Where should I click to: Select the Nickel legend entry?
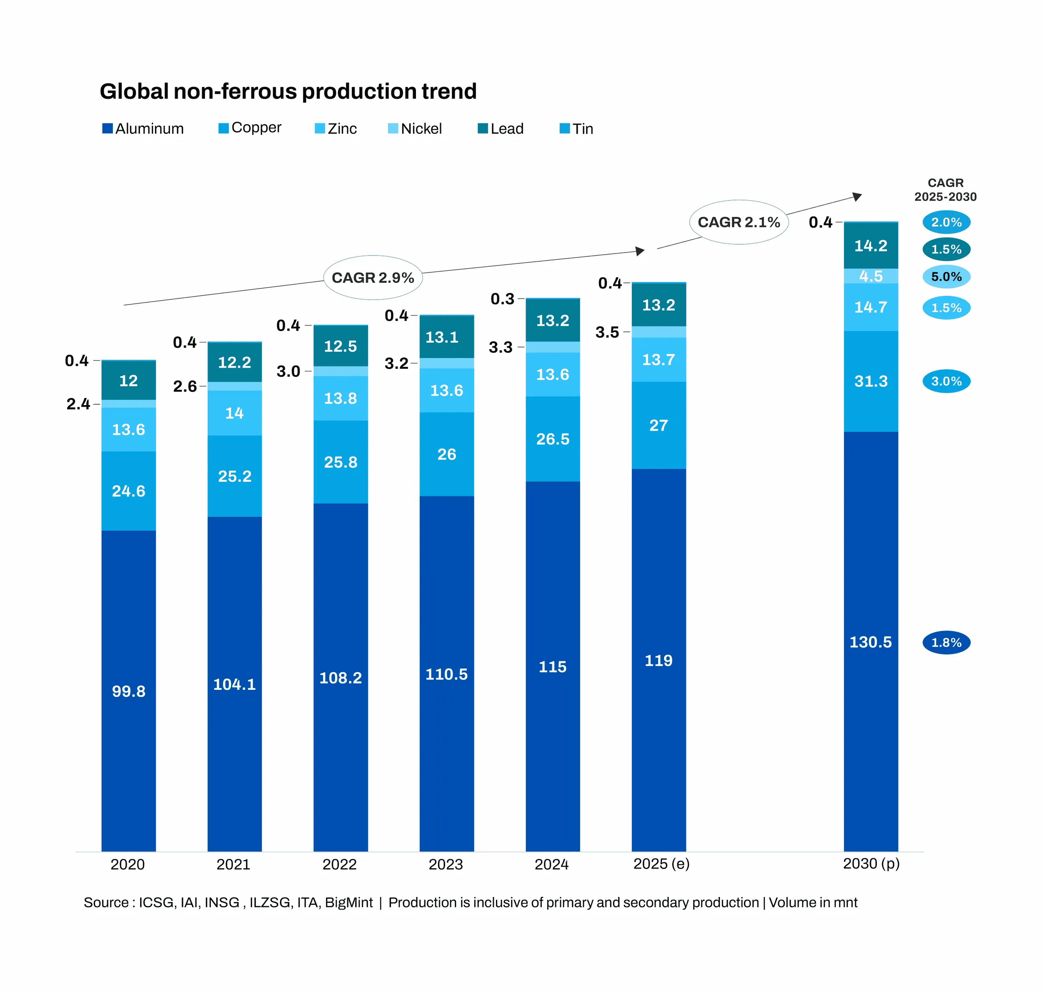[415, 128]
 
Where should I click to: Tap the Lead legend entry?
[501, 128]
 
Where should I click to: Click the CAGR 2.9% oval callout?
[373, 278]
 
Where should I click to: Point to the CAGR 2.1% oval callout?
[739, 222]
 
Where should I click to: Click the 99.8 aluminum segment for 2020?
[128, 691]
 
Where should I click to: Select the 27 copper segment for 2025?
[658, 425]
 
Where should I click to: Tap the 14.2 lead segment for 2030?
[871, 245]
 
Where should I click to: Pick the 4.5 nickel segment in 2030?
[871, 276]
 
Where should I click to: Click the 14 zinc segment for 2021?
[234, 413]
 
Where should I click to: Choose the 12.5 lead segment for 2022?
[341, 346]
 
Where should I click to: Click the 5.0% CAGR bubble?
[946, 277]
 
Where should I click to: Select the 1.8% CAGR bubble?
[946, 642]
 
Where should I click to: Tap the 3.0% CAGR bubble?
[946, 381]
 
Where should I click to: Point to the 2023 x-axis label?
[446, 864]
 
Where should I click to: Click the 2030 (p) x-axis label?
[871, 864]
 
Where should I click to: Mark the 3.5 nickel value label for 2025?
[607, 332]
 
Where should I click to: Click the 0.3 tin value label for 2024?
[502, 299]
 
